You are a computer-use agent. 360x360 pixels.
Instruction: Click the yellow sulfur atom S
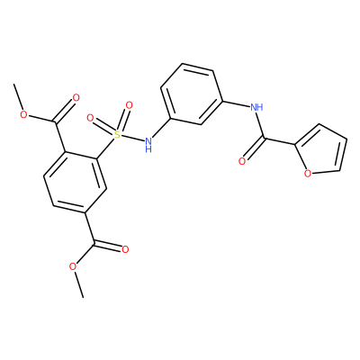pyautogui.click(x=118, y=135)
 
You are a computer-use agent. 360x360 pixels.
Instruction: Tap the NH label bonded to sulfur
pyautogui.click(x=148, y=144)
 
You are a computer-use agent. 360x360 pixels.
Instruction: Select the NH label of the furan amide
pyautogui.click(x=256, y=107)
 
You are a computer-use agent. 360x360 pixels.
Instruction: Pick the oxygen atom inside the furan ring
pyautogui.click(x=307, y=174)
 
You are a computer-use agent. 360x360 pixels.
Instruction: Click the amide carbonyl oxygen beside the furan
pyautogui.click(x=242, y=161)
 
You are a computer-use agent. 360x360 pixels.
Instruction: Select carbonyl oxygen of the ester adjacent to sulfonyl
pyautogui.click(x=76, y=98)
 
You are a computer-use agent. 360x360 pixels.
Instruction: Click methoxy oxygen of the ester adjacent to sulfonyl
pyautogui.click(x=24, y=114)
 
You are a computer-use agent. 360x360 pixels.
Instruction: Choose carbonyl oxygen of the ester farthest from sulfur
pyautogui.click(x=125, y=249)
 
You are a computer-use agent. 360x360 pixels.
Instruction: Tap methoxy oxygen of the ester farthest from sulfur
pyautogui.click(x=73, y=266)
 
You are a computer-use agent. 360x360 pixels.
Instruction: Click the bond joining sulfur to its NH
pyautogui.click(x=132, y=138)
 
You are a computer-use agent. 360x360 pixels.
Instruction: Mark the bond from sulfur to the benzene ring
pyautogui.click(x=105, y=148)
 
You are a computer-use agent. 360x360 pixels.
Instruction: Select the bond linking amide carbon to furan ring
pyautogui.click(x=279, y=141)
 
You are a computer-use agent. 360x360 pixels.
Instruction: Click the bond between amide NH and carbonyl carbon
pyautogui.click(x=261, y=125)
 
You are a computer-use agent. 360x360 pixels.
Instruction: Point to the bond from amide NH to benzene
pyautogui.click(x=237, y=103)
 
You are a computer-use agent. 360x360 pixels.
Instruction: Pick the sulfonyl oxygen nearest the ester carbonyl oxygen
pyautogui.click(x=90, y=118)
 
